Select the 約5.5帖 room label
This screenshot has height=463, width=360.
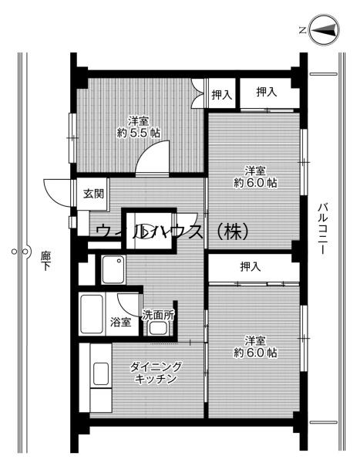[139, 126]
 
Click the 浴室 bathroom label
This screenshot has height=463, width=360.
[119, 319]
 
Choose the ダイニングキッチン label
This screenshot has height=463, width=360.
[156, 373]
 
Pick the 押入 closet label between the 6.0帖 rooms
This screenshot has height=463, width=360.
[250, 267]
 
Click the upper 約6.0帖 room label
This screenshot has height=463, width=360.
[256, 177]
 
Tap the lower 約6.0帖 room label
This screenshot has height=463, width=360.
[256, 346]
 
